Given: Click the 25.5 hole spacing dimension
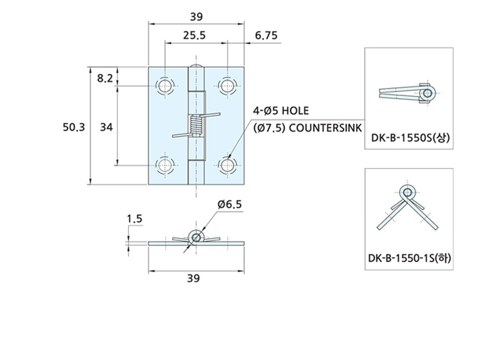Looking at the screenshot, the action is tap(194, 35).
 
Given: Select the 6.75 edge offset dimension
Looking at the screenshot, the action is tap(266, 35).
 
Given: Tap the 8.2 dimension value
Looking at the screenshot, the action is tap(105, 78).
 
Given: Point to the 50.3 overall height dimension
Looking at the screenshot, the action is tap(74, 127).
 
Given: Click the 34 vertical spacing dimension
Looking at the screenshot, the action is tap(106, 127).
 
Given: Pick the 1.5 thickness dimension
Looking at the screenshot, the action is tap(135, 219).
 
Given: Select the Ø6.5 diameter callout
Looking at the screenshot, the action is tap(229, 204).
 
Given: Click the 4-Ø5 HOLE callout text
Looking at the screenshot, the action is tap(281, 111).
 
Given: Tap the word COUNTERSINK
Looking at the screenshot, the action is tap(326, 128).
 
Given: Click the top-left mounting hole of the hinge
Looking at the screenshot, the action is tap(165, 85).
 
